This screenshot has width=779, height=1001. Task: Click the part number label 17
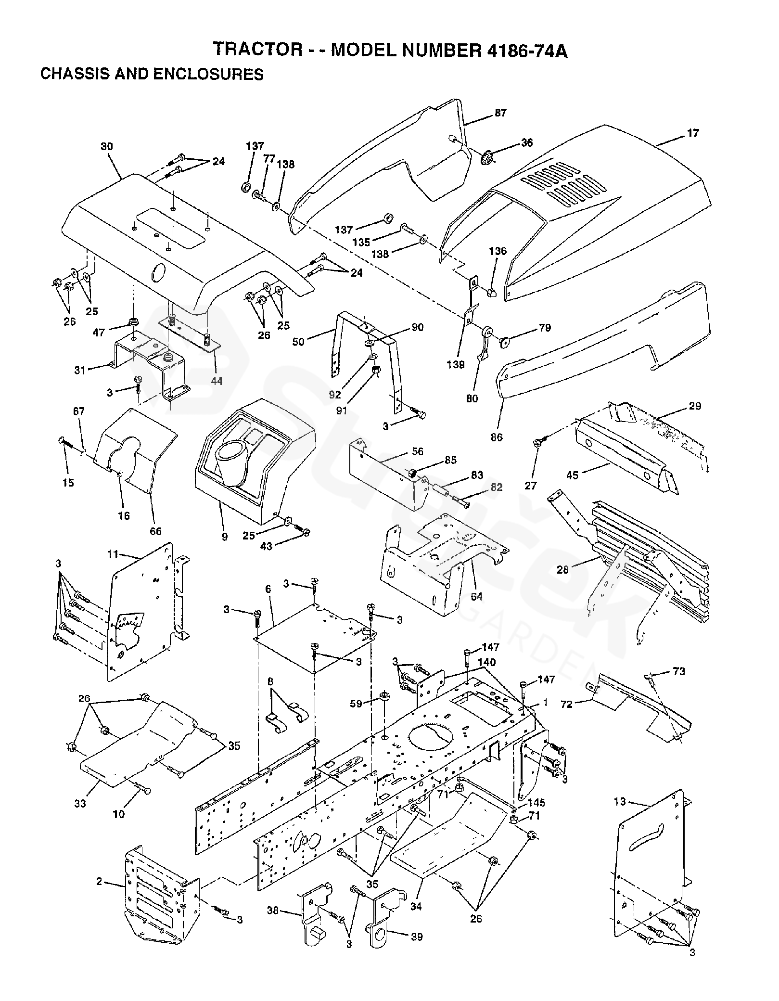(693, 133)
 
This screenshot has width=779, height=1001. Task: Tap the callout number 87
(500, 113)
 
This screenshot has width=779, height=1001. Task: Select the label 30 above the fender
(107, 146)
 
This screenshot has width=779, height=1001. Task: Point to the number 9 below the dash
(224, 536)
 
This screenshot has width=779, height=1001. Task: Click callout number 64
(476, 597)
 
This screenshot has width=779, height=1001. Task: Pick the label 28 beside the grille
(562, 570)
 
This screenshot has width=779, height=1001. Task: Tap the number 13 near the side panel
(620, 801)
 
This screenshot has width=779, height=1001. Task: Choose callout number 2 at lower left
(99, 882)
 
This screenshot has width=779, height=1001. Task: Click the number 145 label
(536, 803)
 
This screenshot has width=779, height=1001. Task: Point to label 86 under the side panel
(497, 437)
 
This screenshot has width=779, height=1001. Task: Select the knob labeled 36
(488, 157)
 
